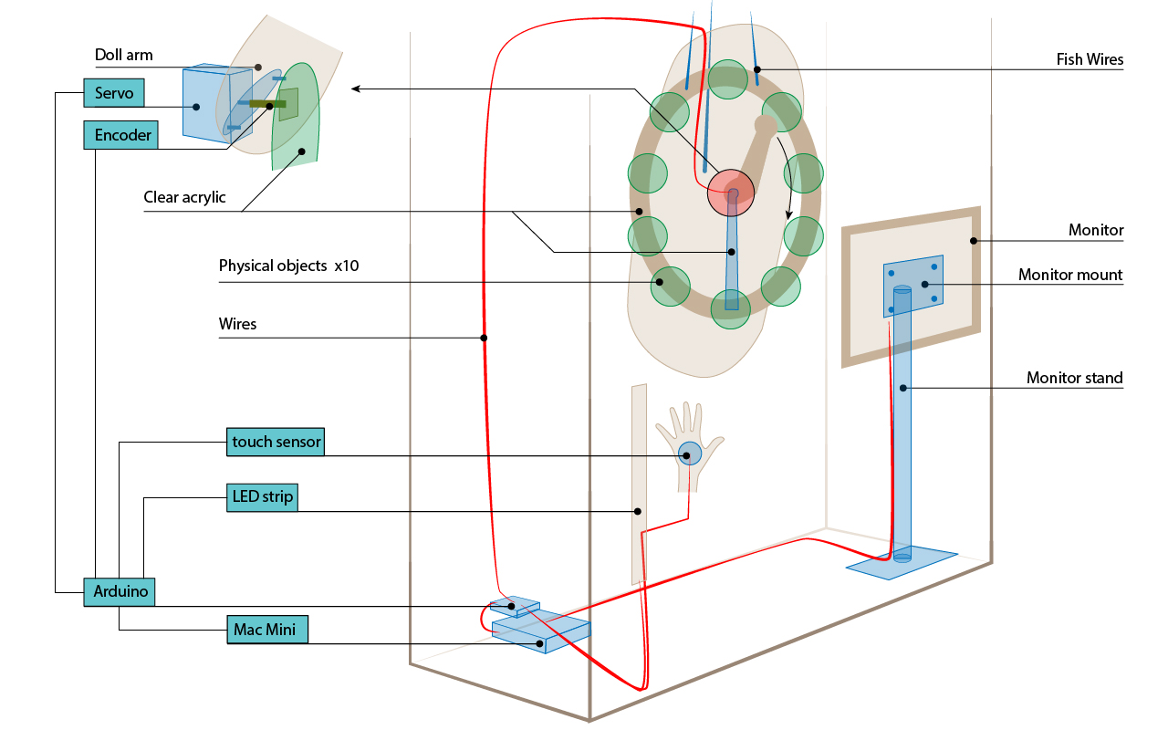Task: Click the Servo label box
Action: [x=114, y=93]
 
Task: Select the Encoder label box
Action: [x=120, y=135]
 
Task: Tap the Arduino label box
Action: [x=120, y=591]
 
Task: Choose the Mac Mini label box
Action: [x=267, y=629]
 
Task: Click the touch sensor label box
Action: [x=276, y=443]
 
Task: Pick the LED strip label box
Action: [x=262, y=497]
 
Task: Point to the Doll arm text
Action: [x=124, y=56]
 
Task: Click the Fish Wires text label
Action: [x=1090, y=60]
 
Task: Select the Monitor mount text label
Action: [x=1070, y=275]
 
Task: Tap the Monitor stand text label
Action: [x=1074, y=378]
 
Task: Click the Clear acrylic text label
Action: [x=184, y=197]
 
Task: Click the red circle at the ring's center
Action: [x=731, y=191]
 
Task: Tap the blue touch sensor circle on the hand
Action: [x=690, y=453]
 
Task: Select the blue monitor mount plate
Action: [x=913, y=285]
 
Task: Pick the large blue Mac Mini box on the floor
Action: [x=541, y=631]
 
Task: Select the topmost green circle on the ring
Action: [x=729, y=78]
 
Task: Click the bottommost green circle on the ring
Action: [x=730, y=308]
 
